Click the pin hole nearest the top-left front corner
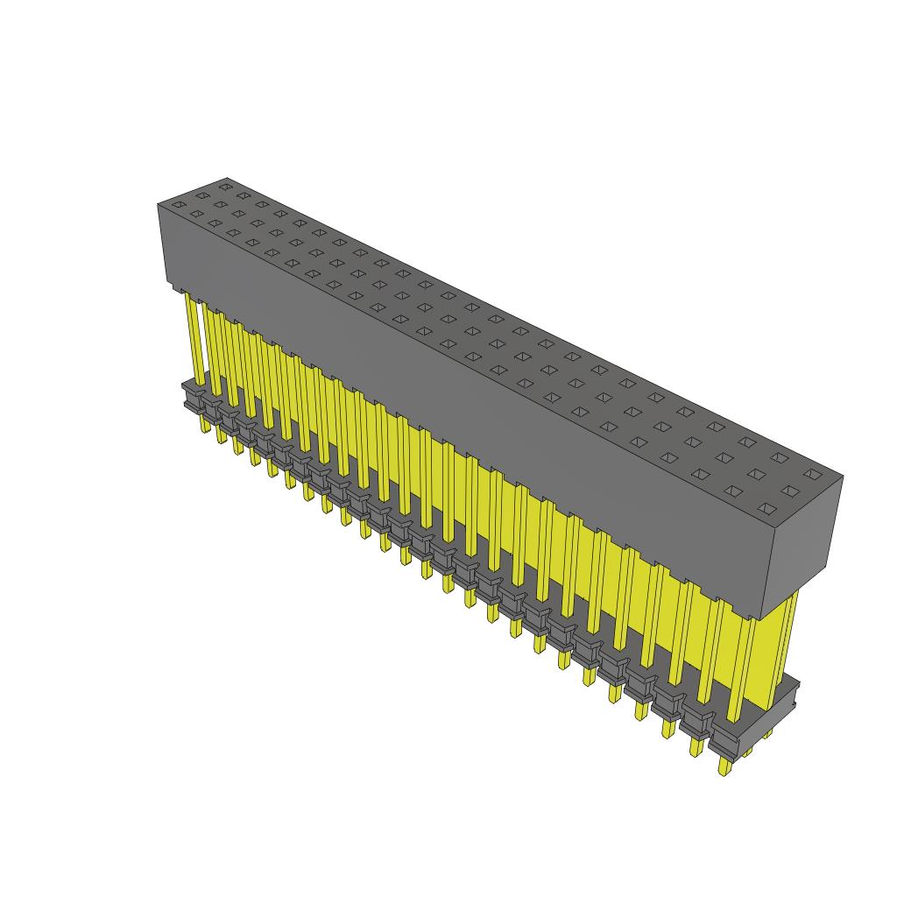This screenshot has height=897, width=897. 178,205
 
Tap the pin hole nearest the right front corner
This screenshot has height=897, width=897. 767,508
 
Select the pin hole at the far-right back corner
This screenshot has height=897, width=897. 812,474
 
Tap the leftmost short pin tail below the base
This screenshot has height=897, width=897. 204,424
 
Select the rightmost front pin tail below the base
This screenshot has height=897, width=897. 724,766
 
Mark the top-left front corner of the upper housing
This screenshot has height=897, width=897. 159,204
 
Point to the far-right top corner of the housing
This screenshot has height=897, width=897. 843,477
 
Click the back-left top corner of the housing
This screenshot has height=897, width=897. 226,178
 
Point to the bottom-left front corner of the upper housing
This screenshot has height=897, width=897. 167,286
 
